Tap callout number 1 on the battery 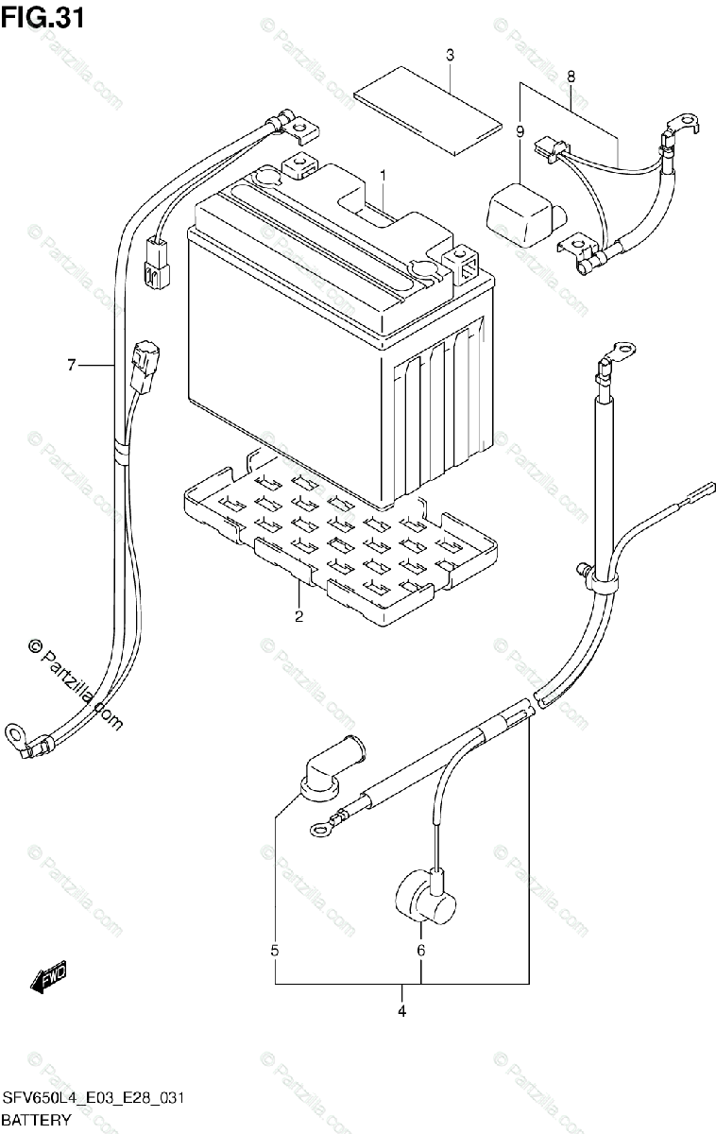point(384,175)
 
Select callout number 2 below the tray point(298,617)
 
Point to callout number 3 point(450,56)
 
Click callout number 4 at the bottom point(401,1012)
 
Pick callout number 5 point(275,950)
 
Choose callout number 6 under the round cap point(422,950)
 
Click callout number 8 point(571,75)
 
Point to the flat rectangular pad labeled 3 point(427,109)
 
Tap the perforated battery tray point(340,548)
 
